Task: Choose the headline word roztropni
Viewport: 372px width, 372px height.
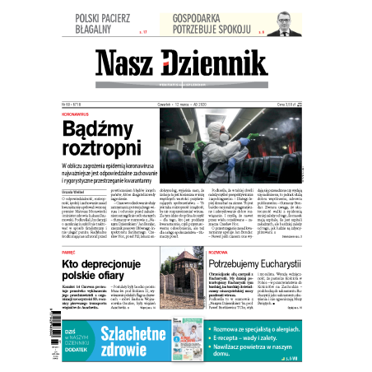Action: coord(112,149)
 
